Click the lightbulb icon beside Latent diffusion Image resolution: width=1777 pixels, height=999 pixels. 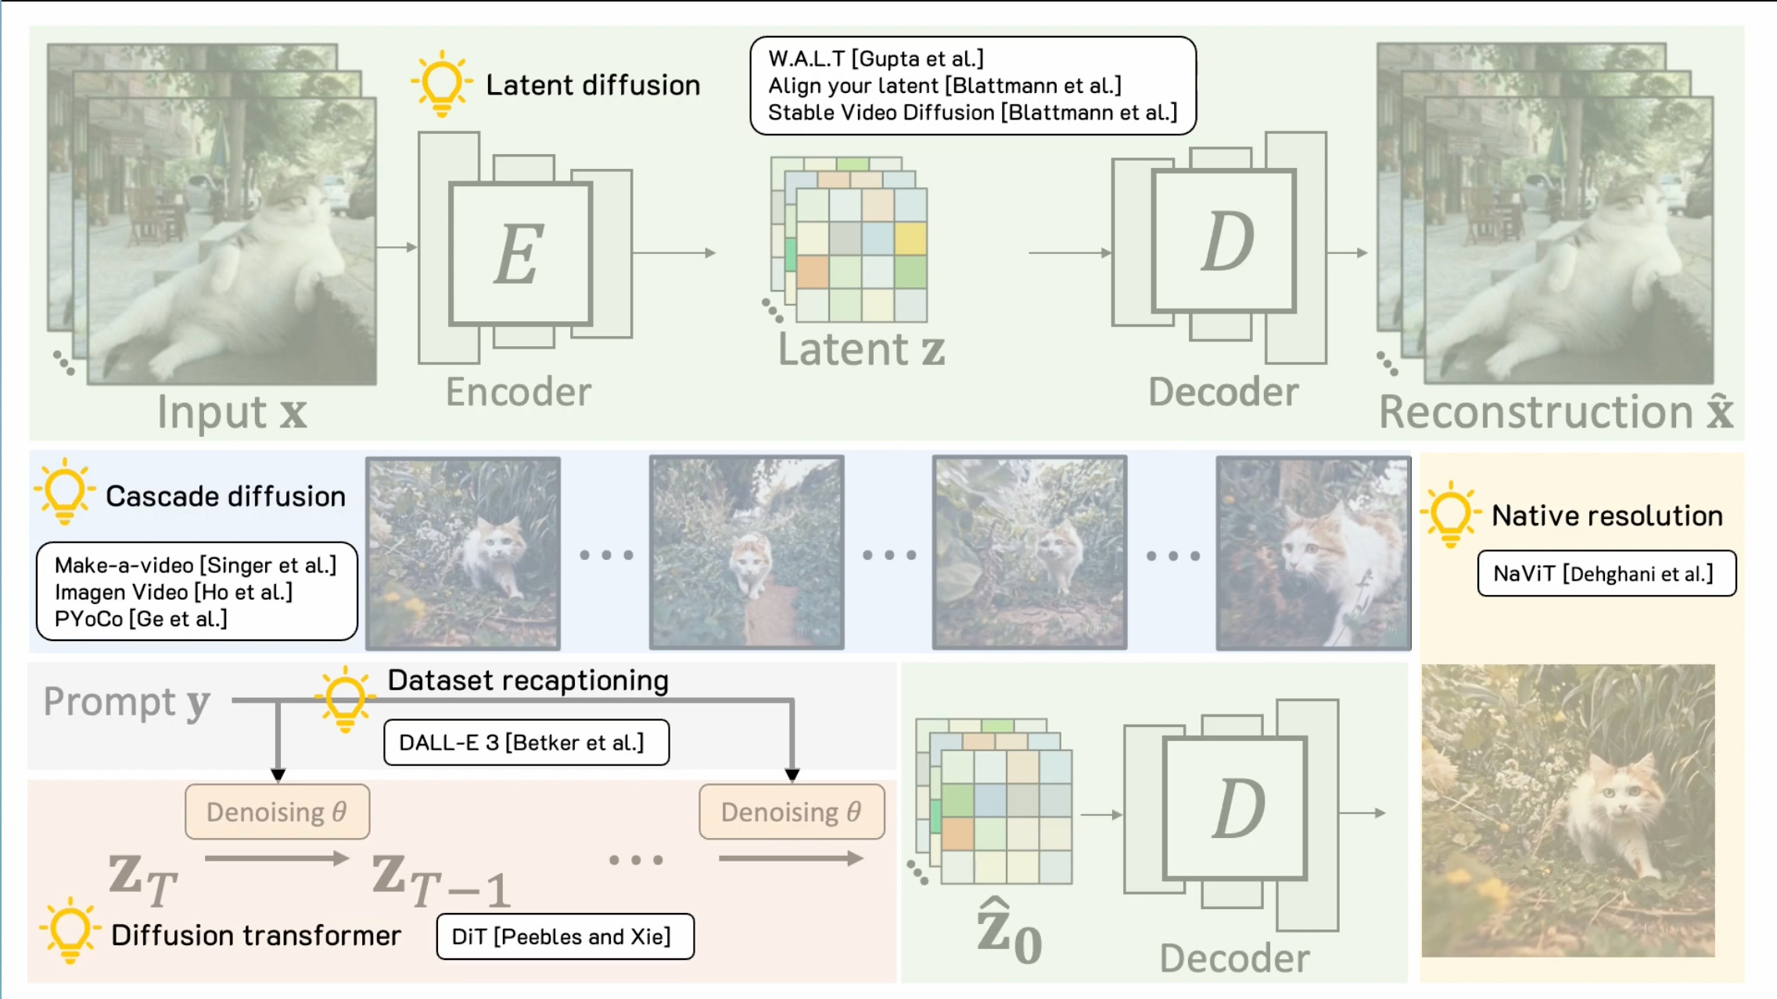[x=442, y=83]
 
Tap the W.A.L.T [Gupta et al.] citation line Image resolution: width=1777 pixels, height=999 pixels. [x=876, y=59]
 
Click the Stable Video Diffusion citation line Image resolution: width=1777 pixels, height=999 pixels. [x=972, y=113]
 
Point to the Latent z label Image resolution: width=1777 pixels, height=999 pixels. [x=861, y=349]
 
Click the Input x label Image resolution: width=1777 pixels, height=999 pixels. [x=232, y=412]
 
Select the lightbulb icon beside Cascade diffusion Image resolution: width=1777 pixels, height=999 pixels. [x=65, y=492]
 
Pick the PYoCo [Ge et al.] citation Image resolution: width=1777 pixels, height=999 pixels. [x=141, y=619]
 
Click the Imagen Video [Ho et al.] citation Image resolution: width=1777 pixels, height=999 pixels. [x=174, y=593]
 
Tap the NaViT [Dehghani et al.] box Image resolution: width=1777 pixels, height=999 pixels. [x=1606, y=574]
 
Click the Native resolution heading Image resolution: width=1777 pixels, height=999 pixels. [x=1607, y=516]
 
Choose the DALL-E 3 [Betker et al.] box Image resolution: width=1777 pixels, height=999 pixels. [x=526, y=743]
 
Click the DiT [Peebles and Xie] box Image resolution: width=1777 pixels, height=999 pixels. [x=565, y=936]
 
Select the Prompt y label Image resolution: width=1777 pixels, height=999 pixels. [x=127, y=702]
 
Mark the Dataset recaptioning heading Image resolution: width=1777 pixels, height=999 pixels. [x=528, y=681]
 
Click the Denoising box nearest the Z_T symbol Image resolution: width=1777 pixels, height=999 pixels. [x=277, y=812]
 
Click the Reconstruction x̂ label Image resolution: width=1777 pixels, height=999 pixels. [x=1555, y=412]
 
